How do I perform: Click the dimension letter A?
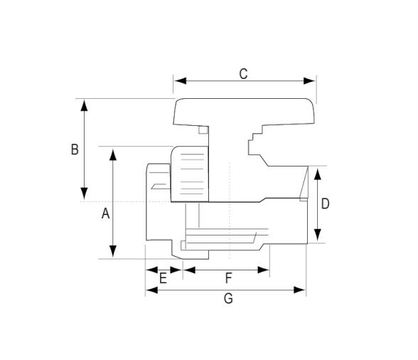point(105,213)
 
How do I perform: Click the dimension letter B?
point(75,149)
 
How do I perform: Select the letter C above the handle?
point(243,74)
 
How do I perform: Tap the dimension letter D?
point(326,204)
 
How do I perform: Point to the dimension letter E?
point(163,278)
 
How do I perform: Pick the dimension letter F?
point(228,278)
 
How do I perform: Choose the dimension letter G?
point(228,298)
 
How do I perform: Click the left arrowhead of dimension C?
point(181,80)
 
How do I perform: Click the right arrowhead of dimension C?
point(309,80)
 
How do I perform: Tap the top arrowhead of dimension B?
point(84,105)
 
